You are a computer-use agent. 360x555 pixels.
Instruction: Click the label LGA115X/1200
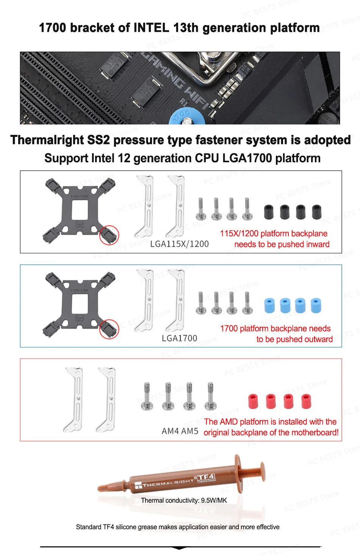coord(179,244)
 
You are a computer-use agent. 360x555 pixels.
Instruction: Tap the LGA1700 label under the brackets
coord(179,338)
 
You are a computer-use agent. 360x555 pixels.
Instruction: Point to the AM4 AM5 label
coord(180,431)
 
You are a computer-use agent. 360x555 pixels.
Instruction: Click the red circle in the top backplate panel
coord(109,235)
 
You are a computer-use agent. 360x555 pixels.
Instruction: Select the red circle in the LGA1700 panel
coord(109,329)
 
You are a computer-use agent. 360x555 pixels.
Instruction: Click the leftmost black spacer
coord(269,212)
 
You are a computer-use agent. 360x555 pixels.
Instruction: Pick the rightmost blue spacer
coord(315,306)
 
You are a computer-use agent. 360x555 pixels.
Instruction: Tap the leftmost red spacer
coord(253,401)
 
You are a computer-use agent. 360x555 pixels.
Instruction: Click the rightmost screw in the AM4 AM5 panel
coord(210,397)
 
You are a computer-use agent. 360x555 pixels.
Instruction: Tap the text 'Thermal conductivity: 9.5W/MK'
coord(184,500)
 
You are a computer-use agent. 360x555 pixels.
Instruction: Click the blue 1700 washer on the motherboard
coord(187,117)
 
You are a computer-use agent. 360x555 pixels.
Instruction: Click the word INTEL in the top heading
coord(151,28)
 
